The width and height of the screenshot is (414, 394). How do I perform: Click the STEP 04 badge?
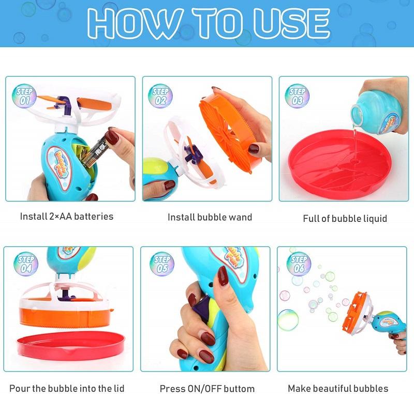(x=26, y=263)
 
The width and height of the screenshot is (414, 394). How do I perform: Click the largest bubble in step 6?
(x=288, y=319)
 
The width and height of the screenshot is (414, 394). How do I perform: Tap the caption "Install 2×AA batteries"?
(x=66, y=216)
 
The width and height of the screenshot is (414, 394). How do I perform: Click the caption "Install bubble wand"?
(x=210, y=217)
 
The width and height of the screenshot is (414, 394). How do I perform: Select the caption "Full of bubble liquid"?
(x=345, y=218)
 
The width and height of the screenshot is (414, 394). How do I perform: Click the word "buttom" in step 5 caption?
(x=238, y=388)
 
